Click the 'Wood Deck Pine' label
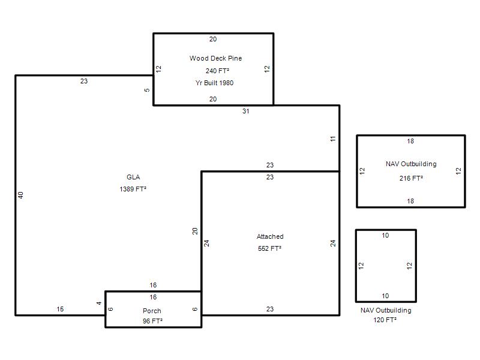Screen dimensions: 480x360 215,58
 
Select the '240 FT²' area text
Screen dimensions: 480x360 217,71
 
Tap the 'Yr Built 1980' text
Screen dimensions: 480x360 214,83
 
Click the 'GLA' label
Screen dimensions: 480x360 133,177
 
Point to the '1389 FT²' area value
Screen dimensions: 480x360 133,189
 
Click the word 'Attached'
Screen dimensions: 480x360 270,236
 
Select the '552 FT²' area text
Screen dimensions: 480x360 269,248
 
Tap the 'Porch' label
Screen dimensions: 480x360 152,311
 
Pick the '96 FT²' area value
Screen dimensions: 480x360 152,321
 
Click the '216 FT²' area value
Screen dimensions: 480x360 411,178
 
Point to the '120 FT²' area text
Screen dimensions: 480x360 385,320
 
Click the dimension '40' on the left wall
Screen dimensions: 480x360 20,195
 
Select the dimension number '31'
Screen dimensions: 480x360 246,111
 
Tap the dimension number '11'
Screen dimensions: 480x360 333,139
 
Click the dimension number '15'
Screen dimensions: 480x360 60,309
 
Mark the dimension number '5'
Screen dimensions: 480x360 147,90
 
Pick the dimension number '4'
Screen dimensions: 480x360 99,303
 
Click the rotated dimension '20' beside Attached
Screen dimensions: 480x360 195,231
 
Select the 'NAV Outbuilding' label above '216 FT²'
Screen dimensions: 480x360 411,164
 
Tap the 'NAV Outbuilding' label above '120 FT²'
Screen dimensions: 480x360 386,310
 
